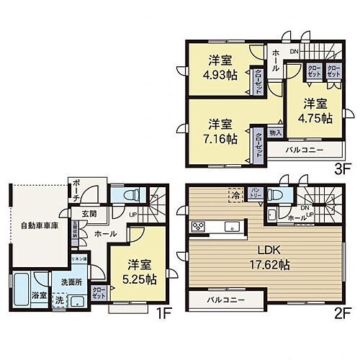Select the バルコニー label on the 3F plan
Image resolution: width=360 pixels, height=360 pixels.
click(x=303, y=150)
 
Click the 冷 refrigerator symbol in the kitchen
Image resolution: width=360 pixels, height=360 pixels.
click(x=235, y=193)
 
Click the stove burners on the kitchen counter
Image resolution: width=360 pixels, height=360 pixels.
click(x=198, y=228)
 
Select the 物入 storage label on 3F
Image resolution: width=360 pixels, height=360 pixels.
click(x=275, y=132)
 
